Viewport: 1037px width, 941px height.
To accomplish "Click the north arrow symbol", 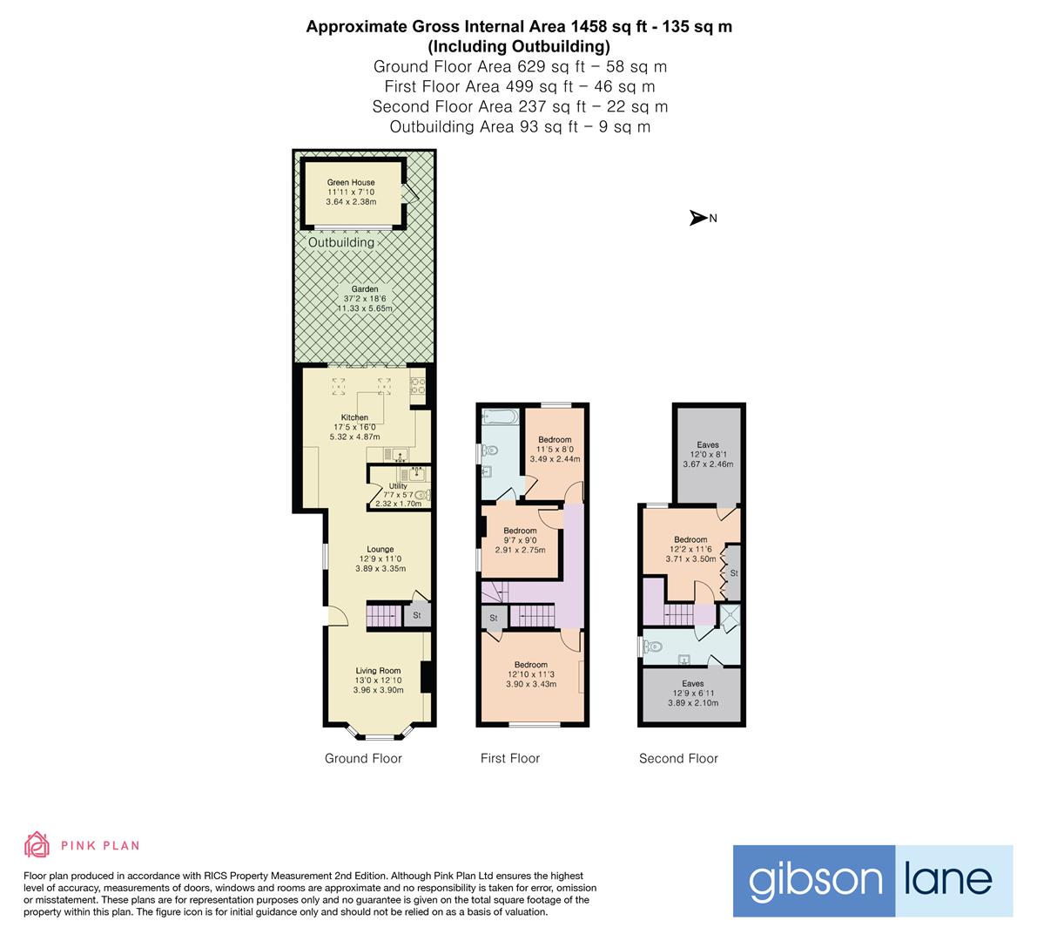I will click(x=698, y=218).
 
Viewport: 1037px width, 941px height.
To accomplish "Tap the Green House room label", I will click(x=351, y=192).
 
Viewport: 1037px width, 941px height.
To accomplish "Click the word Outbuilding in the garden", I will click(x=341, y=242).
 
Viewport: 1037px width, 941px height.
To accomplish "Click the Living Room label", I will click(x=378, y=680).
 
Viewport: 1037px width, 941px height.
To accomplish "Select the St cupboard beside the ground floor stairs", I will click(x=417, y=615).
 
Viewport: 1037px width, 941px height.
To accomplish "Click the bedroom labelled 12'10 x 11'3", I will click(x=530, y=674).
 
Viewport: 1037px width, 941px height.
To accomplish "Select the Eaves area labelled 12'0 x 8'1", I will click(x=707, y=455).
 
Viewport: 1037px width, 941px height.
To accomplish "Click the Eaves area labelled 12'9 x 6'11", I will click(x=692, y=693).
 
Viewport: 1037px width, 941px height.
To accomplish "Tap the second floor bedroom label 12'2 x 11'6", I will click(x=690, y=549).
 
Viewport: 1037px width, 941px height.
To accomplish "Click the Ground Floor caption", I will click(x=363, y=758).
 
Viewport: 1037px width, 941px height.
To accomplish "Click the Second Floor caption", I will click(x=678, y=758).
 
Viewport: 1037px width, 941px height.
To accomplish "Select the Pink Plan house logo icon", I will click(x=37, y=844).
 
